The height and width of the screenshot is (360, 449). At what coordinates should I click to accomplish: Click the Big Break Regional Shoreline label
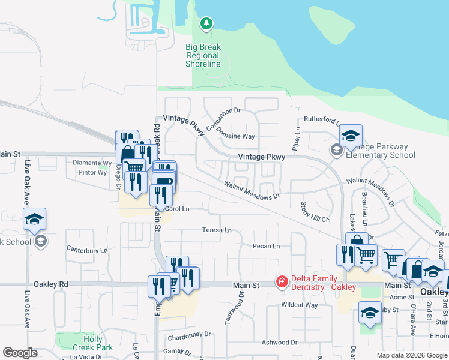point(203,55)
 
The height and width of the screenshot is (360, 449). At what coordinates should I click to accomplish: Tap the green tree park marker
point(206,23)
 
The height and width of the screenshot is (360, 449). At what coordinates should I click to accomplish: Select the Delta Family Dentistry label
point(324,283)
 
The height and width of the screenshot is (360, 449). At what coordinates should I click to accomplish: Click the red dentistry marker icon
point(281,281)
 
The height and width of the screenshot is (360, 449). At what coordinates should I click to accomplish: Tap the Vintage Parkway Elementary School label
point(376,151)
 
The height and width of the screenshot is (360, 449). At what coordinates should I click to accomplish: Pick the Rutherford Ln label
point(322,119)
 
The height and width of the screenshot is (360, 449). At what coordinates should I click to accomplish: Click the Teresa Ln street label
point(217,230)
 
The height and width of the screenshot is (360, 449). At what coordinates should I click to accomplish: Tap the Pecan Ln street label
point(267,246)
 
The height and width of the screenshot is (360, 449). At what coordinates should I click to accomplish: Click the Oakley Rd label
point(51,284)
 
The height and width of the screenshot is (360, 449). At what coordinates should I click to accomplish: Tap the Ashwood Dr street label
point(280,342)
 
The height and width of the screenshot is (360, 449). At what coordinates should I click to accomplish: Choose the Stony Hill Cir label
point(315,212)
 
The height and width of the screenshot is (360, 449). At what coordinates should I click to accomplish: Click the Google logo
point(20,353)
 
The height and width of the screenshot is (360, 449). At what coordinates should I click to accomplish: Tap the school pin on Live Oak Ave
point(35,220)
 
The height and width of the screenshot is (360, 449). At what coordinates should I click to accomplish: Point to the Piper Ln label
point(296,138)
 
